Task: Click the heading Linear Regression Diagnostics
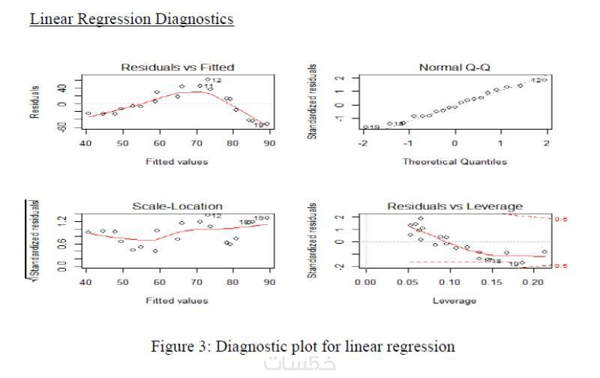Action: coord(131,19)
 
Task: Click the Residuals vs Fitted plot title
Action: coord(178,67)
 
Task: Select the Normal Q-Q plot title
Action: coord(454,67)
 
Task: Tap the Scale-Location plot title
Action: coord(178,206)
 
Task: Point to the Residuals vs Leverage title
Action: coord(454,206)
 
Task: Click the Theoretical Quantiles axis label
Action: coord(454,161)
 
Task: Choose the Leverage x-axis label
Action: coord(454,301)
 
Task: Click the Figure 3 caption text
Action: coord(303,346)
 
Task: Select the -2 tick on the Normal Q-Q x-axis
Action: coord(363,142)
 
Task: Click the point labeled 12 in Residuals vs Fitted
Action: coord(208,79)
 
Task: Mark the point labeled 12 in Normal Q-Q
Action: coord(544,79)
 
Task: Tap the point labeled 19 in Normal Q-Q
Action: coord(366,127)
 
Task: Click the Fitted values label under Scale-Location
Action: coord(178,301)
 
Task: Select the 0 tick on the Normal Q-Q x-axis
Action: coord(454,142)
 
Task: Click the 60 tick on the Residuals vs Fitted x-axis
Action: coord(159,142)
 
